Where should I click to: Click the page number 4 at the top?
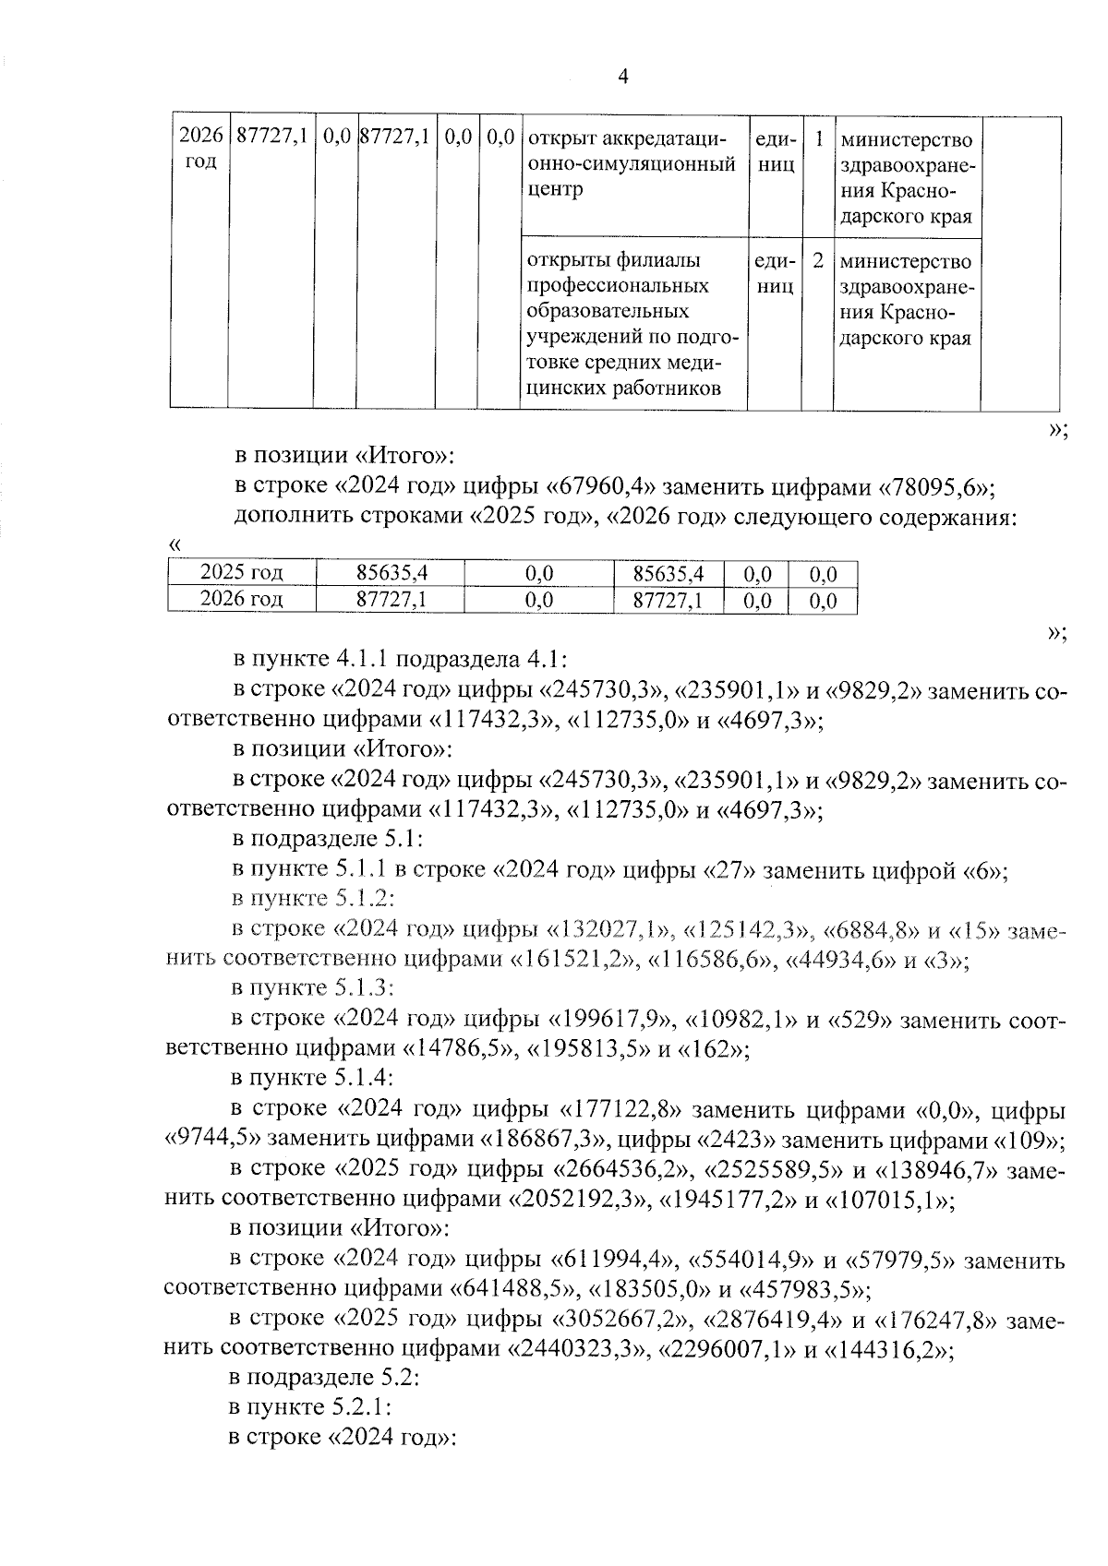(x=621, y=77)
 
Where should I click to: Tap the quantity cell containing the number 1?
(x=818, y=140)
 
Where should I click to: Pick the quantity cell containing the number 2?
(x=818, y=261)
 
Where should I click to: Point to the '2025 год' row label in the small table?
(x=241, y=573)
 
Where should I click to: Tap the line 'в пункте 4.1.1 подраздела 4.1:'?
(x=400, y=660)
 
